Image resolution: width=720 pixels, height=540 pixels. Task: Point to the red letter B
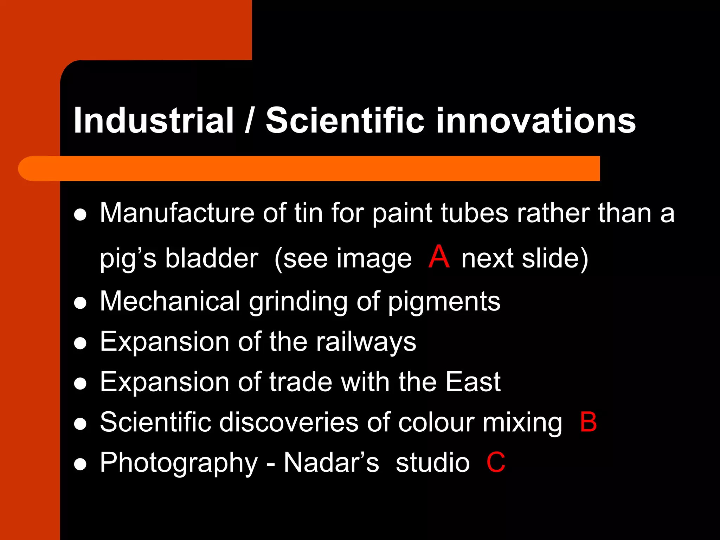click(589, 422)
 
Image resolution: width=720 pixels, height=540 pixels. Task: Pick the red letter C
click(496, 462)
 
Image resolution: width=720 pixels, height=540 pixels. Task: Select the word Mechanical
click(170, 301)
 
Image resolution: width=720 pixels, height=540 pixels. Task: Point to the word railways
click(366, 342)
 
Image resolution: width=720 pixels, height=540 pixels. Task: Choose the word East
click(473, 382)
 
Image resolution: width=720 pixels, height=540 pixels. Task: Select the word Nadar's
click(331, 462)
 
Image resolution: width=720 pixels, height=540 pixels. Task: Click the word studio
click(432, 462)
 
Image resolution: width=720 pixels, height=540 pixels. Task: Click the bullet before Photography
click(81, 464)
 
